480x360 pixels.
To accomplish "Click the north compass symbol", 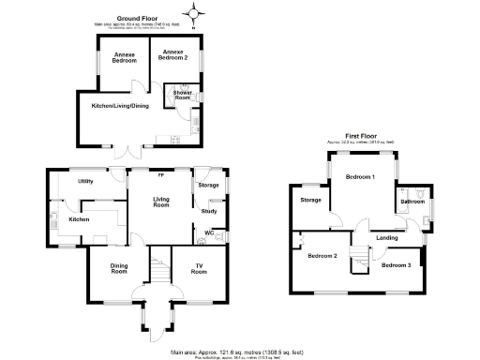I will (x=195, y=13).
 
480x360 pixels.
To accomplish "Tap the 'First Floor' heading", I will (x=362, y=136).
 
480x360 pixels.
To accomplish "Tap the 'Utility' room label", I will (x=85, y=180).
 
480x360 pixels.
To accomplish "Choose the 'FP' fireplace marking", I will (x=160, y=175).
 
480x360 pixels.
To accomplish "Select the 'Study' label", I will (x=210, y=210).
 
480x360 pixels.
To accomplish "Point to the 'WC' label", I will (x=208, y=231).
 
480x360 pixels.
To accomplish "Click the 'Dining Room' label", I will (x=119, y=269).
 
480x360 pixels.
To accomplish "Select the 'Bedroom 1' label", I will (x=359, y=177).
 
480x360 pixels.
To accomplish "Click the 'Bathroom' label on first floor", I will (x=412, y=201).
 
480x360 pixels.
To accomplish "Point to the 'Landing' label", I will (x=386, y=237).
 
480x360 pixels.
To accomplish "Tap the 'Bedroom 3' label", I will (x=395, y=265).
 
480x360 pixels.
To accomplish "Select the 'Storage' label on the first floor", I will (x=311, y=200).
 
